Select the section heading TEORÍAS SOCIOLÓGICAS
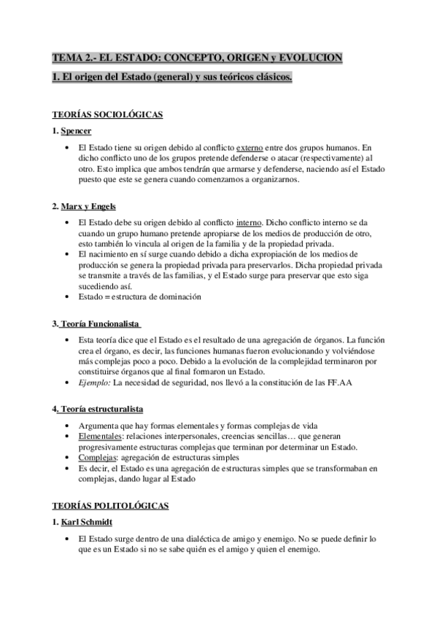(107, 116)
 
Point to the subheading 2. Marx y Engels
(84, 206)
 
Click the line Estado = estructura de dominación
(139, 297)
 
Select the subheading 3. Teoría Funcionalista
(97, 324)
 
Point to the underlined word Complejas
(96, 457)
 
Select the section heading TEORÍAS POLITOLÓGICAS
(110, 505)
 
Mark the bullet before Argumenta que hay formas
(67, 425)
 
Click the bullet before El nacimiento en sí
(67, 254)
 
